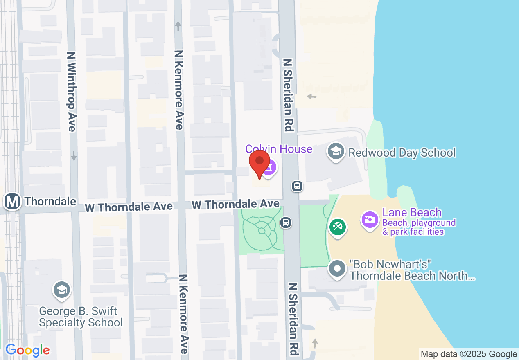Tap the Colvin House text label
tap(279, 149)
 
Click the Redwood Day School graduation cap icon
tap(336, 152)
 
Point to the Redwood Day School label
tap(402, 153)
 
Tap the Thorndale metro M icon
tap(13, 201)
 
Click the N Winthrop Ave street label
tap(72, 91)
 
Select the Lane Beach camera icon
tap(370, 220)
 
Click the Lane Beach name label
tap(412, 213)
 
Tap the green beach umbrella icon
tap(337, 226)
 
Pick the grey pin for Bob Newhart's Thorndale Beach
tap(337, 269)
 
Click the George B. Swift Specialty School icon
tap(61, 290)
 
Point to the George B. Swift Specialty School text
tap(81, 317)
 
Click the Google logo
tap(27, 350)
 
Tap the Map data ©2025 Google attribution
tap(469, 354)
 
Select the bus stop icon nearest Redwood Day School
tap(297, 186)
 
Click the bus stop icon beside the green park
tap(286, 223)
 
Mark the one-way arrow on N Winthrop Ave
tap(74, 156)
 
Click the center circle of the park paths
tap(262, 231)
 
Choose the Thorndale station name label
tap(50, 201)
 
